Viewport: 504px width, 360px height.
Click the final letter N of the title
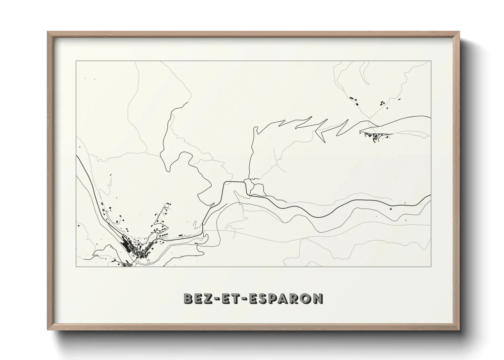click(318, 298)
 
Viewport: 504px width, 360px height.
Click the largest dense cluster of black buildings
click(131, 247)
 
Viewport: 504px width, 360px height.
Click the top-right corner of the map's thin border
click(431, 61)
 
